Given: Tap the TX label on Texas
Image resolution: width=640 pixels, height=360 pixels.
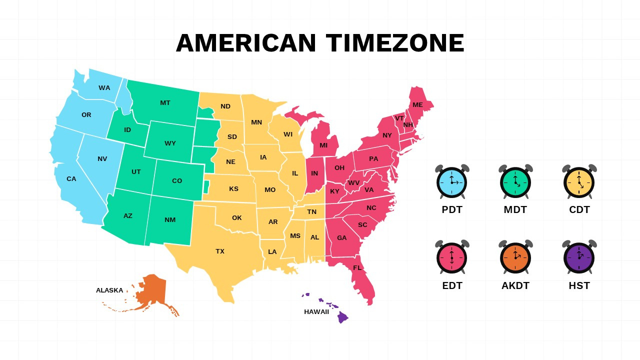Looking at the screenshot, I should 220,251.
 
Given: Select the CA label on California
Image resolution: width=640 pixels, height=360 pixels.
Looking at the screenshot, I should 71,179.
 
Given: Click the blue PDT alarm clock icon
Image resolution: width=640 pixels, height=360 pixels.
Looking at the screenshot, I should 452,182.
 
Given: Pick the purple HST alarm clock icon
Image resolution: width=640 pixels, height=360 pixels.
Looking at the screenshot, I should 579,257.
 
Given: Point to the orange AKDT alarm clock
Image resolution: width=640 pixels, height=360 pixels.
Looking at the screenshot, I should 515,257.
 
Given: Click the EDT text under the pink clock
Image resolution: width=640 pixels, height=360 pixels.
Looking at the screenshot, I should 452,286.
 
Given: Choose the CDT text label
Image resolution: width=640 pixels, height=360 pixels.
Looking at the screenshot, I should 579,210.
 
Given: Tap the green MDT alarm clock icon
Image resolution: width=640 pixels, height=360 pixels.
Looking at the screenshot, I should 515,182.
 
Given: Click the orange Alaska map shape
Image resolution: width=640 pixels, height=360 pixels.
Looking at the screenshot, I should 152,292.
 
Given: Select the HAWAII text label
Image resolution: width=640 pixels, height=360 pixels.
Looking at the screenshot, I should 316,312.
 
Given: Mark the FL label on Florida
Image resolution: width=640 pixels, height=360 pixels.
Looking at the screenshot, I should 357,268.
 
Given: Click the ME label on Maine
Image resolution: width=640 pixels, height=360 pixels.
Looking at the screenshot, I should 417,105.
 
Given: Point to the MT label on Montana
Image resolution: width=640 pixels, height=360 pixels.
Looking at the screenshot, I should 165,103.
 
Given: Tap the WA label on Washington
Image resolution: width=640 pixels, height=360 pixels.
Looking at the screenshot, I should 104,88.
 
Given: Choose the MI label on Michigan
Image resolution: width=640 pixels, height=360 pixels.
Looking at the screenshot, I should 323,145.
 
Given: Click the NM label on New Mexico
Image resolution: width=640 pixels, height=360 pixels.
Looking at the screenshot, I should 170,220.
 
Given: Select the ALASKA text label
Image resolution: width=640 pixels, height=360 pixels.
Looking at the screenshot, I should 109,290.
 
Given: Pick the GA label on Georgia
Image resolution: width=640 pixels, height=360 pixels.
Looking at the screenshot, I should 341,238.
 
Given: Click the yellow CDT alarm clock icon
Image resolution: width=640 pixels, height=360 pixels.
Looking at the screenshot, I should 579,182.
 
